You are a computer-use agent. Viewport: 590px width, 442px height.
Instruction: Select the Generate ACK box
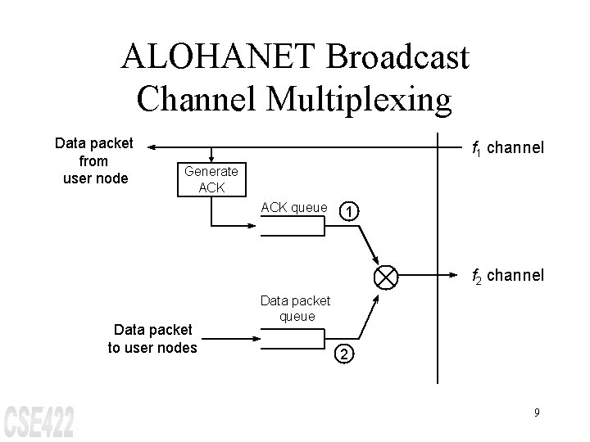click(211, 179)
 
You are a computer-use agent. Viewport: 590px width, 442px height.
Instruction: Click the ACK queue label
click(294, 207)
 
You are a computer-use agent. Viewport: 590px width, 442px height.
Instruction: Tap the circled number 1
click(350, 212)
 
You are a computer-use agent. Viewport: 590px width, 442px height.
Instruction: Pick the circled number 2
click(346, 354)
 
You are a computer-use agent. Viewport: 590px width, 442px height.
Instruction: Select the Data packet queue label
click(297, 308)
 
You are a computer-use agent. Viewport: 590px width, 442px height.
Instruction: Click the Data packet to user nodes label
click(152, 338)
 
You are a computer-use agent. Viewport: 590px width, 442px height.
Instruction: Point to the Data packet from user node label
click(93, 160)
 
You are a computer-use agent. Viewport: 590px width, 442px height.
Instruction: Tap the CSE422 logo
click(39, 421)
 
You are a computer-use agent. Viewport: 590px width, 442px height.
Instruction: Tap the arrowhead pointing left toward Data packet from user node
click(154, 147)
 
